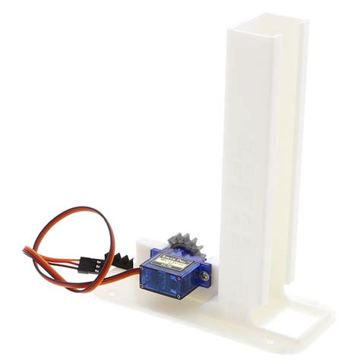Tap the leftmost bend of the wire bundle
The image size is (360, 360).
coord(25,251)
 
